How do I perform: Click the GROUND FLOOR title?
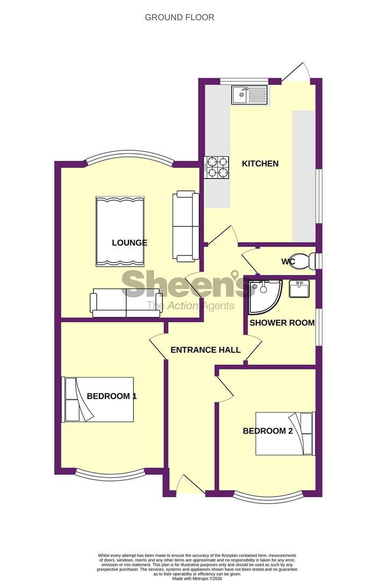179,17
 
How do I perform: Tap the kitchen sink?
249,95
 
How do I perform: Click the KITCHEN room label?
260,164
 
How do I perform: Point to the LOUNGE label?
129,243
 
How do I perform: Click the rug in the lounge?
120,232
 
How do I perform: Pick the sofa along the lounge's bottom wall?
126,303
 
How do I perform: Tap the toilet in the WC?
306,261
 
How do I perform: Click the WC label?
288,262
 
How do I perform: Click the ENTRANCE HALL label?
205,350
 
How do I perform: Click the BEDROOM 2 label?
267,430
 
